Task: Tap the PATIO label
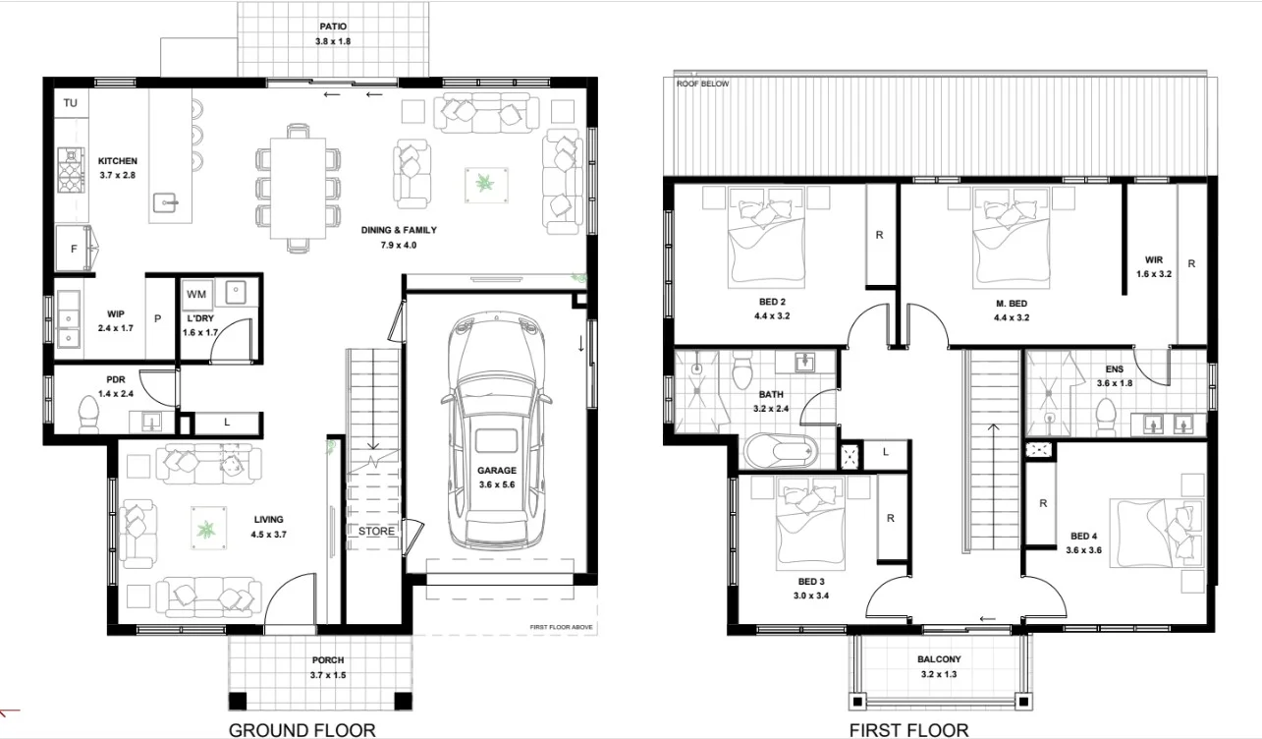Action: pyautogui.click(x=333, y=27)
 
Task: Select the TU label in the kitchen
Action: pyautogui.click(x=71, y=103)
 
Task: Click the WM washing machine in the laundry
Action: pyautogui.click(x=196, y=294)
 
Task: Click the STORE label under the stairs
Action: pyautogui.click(x=376, y=532)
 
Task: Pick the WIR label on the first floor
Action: pyautogui.click(x=1153, y=259)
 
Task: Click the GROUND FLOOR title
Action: pyautogui.click(x=302, y=729)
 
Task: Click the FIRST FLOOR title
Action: pyautogui.click(x=908, y=729)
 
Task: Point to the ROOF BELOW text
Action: pyautogui.click(x=703, y=85)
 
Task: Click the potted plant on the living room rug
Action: pyautogui.click(x=206, y=531)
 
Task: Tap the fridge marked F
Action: pyautogui.click(x=74, y=250)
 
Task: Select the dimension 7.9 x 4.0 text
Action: pyautogui.click(x=400, y=245)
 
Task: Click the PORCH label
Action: pyautogui.click(x=328, y=660)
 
